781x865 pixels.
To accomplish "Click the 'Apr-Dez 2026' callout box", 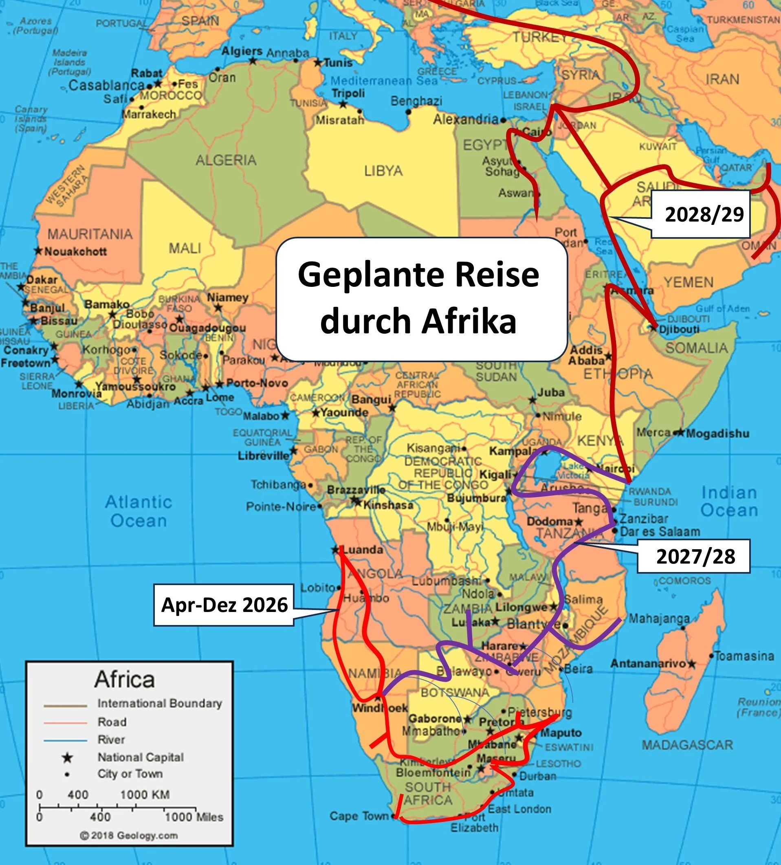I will coord(224,605).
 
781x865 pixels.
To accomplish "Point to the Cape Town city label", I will coord(359,816).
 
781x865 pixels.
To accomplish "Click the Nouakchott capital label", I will coord(75,251).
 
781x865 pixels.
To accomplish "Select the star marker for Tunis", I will coord(317,63).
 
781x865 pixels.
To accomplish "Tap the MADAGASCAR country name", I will coord(687,745).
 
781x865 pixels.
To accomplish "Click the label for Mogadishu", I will coord(717,434).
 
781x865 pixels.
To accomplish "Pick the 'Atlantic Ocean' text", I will coord(138,511).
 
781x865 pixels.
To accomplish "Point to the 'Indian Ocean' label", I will coord(729,502).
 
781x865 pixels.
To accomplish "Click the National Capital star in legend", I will coord(67,758).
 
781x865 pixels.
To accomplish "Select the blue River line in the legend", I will coord(65,741).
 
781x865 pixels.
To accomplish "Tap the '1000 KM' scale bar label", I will coord(144,795).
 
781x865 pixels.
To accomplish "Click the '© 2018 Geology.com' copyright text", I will coord(129,835).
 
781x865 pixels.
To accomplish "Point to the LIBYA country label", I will coord(383,171).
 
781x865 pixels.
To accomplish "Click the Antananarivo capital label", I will coord(648,664).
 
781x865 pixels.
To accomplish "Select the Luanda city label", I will coord(363,550).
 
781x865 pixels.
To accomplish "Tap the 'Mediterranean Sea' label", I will coord(384,81).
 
